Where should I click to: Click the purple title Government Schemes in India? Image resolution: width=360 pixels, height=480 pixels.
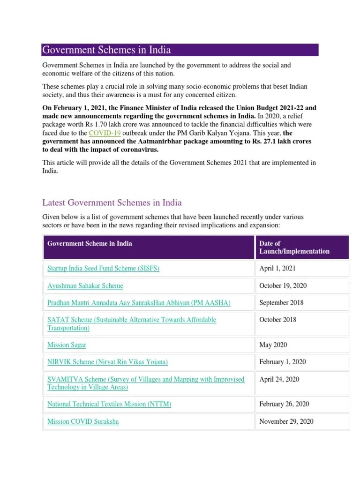(x=106, y=50)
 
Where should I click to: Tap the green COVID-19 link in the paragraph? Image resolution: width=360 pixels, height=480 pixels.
(x=104, y=133)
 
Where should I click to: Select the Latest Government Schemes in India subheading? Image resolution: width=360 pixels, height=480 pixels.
(x=112, y=202)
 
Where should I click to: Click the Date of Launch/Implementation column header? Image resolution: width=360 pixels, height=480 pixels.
(x=294, y=247)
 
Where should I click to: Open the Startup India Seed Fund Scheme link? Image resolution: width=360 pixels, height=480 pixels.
(x=104, y=269)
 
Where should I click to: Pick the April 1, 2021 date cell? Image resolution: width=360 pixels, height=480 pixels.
(x=277, y=269)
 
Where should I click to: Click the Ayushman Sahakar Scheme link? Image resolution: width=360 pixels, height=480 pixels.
(x=85, y=285)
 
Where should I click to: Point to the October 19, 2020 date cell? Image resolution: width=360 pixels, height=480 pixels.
(x=283, y=285)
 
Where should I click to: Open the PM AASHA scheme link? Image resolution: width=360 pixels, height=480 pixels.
(x=139, y=303)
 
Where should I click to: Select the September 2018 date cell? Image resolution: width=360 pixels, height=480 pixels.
(x=281, y=303)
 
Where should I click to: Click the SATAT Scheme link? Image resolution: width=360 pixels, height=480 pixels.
(x=132, y=324)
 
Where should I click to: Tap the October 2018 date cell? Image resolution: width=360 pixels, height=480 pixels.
(x=278, y=320)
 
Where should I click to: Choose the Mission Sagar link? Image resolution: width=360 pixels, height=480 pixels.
(x=67, y=345)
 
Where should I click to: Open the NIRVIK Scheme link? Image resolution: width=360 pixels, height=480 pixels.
(x=107, y=362)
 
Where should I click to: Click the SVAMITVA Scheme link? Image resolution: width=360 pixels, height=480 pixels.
(x=146, y=383)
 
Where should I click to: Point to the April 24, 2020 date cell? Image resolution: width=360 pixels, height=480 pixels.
(x=279, y=379)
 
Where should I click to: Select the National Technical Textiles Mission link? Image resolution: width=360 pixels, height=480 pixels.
(x=109, y=404)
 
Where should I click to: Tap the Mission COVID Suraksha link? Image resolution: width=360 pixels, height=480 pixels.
(x=83, y=421)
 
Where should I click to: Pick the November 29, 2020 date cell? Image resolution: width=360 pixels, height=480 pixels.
(x=286, y=421)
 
